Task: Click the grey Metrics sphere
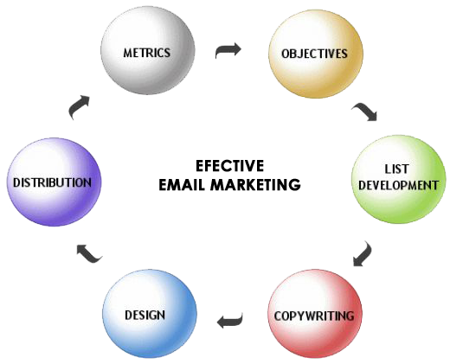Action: point(148,50)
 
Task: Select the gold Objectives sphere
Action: point(316,54)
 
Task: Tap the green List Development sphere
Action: point(399,179)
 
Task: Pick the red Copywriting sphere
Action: point(315,314)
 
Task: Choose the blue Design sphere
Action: point(150,314)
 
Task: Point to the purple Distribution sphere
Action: point(55,182)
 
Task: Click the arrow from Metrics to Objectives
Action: point(228,50)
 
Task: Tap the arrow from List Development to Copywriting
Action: point(363,254)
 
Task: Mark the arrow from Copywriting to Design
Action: point(229,321)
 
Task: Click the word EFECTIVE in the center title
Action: point(229,166)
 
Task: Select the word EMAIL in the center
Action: point(183,185)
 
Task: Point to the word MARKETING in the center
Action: point(255,185)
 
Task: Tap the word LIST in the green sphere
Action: point(396,169)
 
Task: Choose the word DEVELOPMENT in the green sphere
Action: point(398,185)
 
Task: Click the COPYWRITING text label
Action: point(314,316)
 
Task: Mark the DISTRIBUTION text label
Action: point(52,182)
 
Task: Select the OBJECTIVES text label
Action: point(314,54)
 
